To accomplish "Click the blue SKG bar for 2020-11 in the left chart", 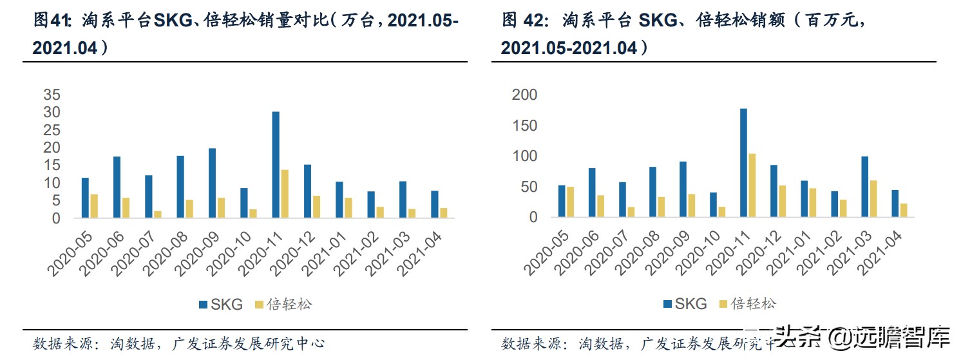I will (276, 165).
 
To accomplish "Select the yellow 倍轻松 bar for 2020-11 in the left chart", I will (285, 194).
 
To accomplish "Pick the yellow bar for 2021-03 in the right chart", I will (873, 199).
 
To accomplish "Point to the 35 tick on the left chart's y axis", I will (52, 95).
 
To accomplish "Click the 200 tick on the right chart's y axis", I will (524, 95).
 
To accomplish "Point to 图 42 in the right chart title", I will (522, 21).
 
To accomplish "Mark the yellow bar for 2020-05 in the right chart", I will (570, 202).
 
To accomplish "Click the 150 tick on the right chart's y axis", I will (524, 126).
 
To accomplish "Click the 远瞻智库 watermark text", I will (909, 337).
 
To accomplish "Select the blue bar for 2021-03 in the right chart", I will (864, 187).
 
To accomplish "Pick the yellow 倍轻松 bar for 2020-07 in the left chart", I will (158, 214).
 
